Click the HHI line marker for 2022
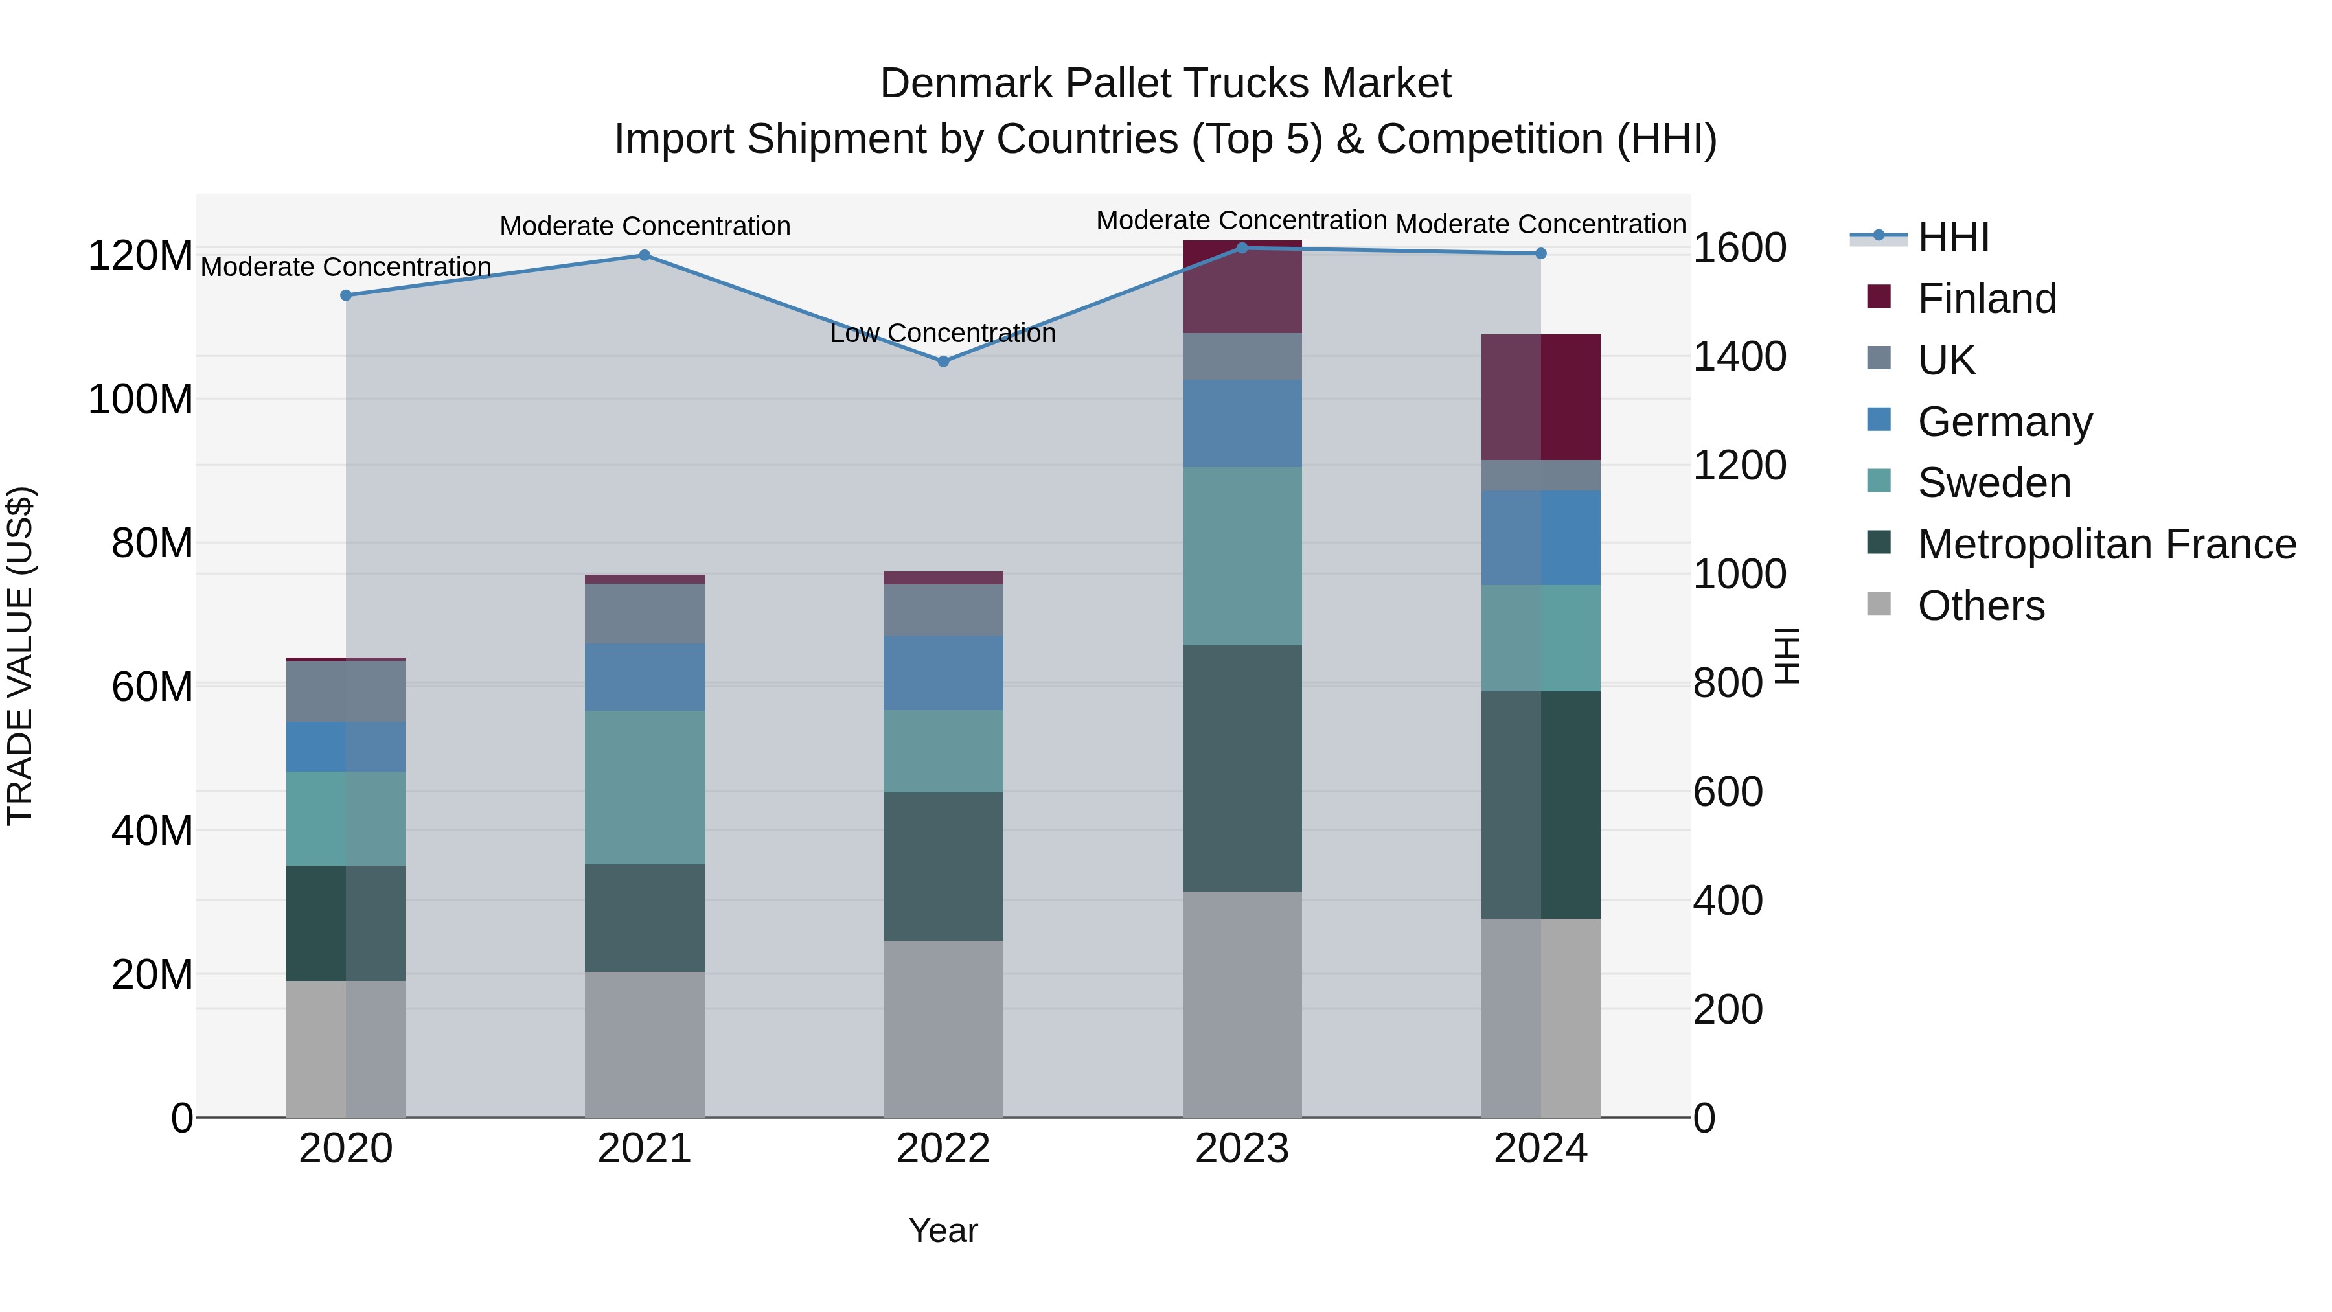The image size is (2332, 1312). pos(943,362)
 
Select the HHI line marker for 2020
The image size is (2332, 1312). pos(346,295)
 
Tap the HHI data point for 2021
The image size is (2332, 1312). pos(645,255)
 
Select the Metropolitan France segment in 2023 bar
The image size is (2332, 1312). pos(1242,768)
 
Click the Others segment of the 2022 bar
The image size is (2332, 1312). pos(943,1029)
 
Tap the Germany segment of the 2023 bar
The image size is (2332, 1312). pos(1242,423)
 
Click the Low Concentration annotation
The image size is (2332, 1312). pos(943,333)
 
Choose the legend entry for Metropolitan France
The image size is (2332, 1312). pos(2106,544)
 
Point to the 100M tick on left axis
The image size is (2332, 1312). pos(141,399)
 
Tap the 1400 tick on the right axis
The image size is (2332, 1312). pos(1739,357)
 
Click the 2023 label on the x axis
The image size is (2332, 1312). pos(1242,1149)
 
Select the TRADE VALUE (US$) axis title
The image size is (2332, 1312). pos(20,656)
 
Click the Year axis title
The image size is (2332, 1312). pos(943,1230)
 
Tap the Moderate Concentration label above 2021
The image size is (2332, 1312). pos(645,225)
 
